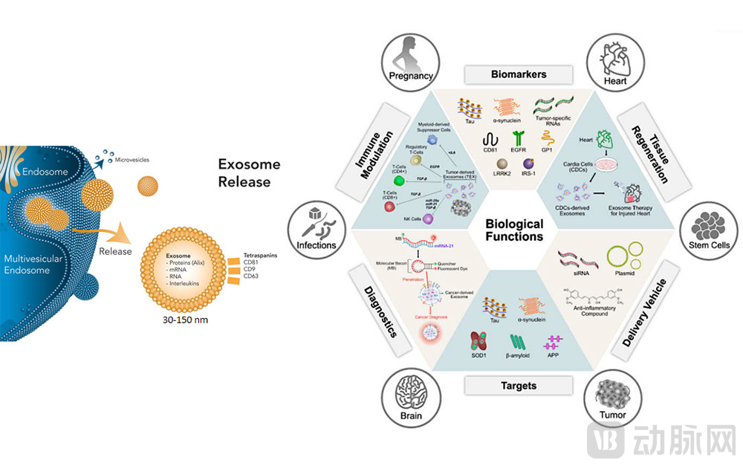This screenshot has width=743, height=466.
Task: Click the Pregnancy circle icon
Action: click(411, 60)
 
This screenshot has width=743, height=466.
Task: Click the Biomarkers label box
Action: click(519, 74)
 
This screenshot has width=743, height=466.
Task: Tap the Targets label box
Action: click(518, 386)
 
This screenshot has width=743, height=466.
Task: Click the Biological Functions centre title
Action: click(514, 230)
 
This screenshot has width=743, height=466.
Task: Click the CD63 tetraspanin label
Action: click(252, 276)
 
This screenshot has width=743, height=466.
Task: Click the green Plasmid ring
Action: click(622, 257)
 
